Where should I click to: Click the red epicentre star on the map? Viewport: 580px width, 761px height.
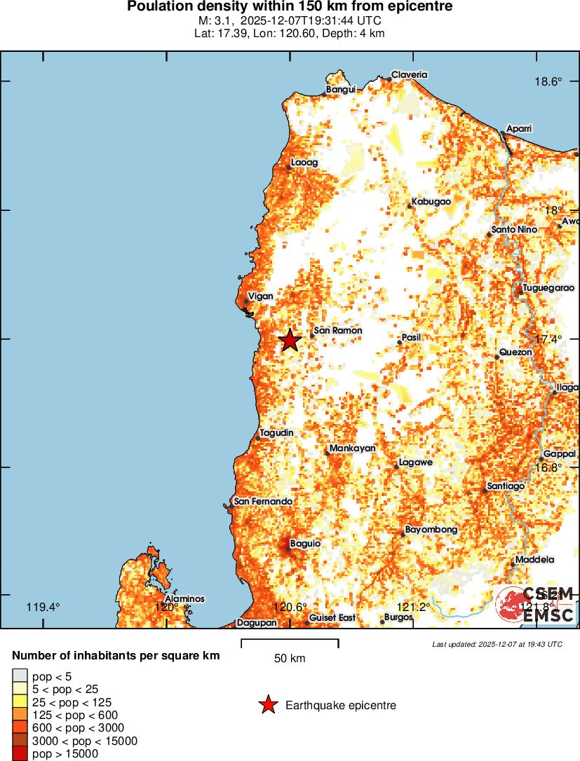coord(290,341)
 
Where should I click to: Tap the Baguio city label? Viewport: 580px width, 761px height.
coord(305,543)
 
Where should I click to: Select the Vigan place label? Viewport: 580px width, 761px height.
coord(260,296)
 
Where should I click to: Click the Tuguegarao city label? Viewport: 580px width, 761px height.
coord(548,288)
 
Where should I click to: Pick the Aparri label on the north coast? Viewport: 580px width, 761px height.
coord(520,129)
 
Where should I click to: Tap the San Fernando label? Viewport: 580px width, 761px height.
coord(263,502)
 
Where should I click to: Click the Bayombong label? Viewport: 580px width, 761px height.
coord(431,530)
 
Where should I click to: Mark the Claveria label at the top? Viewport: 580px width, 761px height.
coord(409,74)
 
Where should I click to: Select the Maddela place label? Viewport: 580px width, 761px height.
coord(534,560)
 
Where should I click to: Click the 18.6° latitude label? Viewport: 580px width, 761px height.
coord(548,81)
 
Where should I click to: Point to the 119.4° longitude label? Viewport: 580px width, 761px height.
coord(43,607)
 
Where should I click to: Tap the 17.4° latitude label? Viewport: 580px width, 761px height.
coord(548,339)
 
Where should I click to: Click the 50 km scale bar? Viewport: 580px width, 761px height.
coord(290,643)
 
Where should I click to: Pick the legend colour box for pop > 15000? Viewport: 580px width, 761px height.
coord(20,754)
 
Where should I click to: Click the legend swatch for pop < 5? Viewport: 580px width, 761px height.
coord(20,676)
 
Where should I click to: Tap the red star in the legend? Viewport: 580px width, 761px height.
coord(268,705)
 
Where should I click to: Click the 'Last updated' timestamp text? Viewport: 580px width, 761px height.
coord(497,644)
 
